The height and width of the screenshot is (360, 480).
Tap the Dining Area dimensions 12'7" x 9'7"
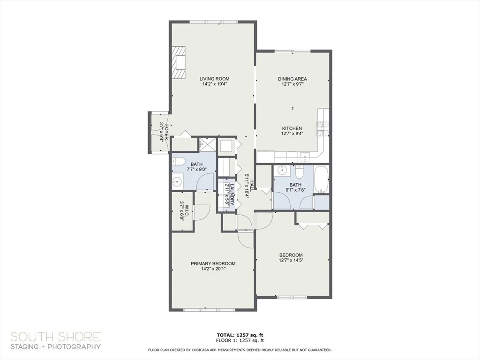click(x=292, y=83)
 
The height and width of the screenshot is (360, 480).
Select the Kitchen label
click(x=292, y=128)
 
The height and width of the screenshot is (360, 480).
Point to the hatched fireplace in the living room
click(x=178, y=63)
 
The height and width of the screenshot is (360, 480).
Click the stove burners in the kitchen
click(x=323, y=128)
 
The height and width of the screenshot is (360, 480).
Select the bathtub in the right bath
click(x=321, y=179)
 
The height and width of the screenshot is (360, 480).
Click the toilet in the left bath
click(x=178, y=162)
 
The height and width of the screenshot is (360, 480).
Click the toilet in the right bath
click(x=299, y=171)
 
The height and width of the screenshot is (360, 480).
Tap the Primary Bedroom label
click(x=213, y=263)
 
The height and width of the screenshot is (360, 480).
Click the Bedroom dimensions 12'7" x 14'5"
click(x=291, y=260)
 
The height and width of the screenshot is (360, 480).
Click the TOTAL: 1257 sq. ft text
click(x=240, y=335)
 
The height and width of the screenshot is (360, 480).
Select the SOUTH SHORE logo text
click(x=56, y=337)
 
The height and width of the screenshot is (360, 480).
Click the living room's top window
click(x=213, y=22)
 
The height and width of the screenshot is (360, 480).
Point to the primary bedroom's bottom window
click(x=209, y=310)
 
